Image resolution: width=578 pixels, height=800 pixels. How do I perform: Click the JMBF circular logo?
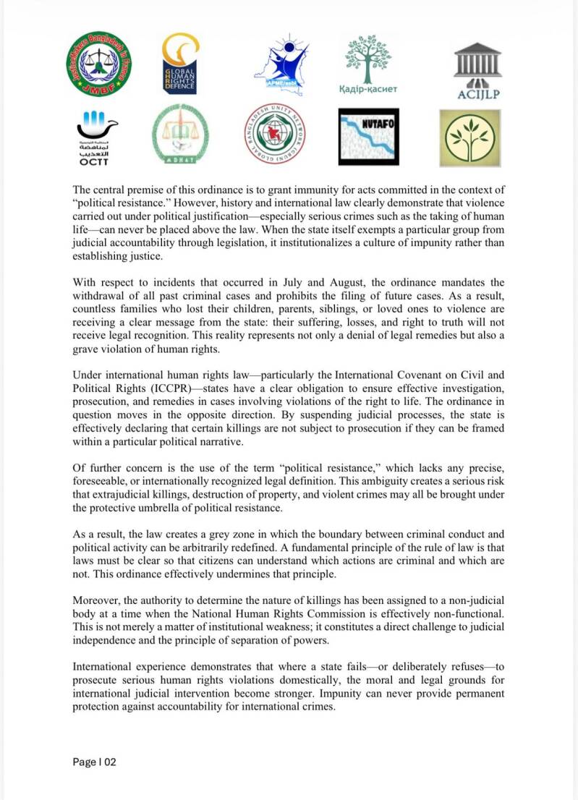pos(99,65)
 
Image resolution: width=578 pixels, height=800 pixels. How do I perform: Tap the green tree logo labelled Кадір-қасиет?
pos(368,64)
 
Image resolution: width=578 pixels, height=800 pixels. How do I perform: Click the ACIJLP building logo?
pos(477,69)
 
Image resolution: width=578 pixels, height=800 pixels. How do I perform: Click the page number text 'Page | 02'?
pos(95,762)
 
